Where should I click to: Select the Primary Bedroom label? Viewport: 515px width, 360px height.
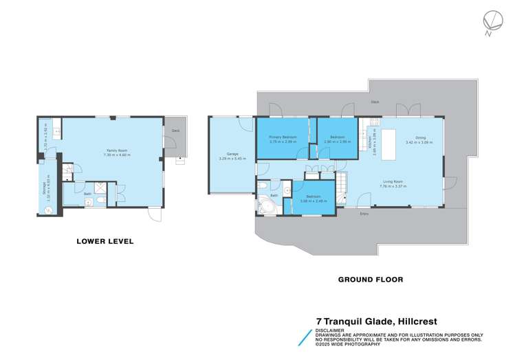[x=283, y=137]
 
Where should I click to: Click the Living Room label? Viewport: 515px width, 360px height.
[x=393, y=181]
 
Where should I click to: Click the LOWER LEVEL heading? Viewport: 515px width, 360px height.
[x=105, y=242]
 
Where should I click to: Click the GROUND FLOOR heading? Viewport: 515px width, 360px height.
[x=371, y=280]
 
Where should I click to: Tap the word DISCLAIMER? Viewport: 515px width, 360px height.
[x=329, y=330]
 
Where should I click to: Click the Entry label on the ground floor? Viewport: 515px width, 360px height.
[x=364, y=213]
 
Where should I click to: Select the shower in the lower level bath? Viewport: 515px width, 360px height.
[x=100, y=188]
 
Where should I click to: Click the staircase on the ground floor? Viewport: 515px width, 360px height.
[x=342, y=189]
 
